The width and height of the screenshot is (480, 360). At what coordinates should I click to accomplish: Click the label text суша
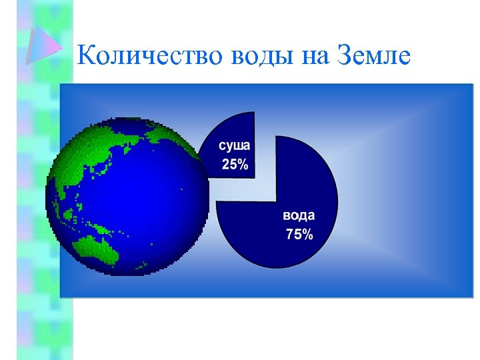[x=234, y=145]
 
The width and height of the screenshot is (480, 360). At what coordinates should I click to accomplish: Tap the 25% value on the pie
[x=235, y=165]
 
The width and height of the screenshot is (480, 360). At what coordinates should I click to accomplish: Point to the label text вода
[x=298, y=216]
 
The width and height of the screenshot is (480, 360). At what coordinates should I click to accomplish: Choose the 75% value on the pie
[x=299, y=234]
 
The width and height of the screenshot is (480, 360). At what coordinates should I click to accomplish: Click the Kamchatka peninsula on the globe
[x=143, y=143]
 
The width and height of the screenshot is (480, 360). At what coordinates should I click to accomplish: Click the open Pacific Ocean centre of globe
[x=147, y=200]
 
